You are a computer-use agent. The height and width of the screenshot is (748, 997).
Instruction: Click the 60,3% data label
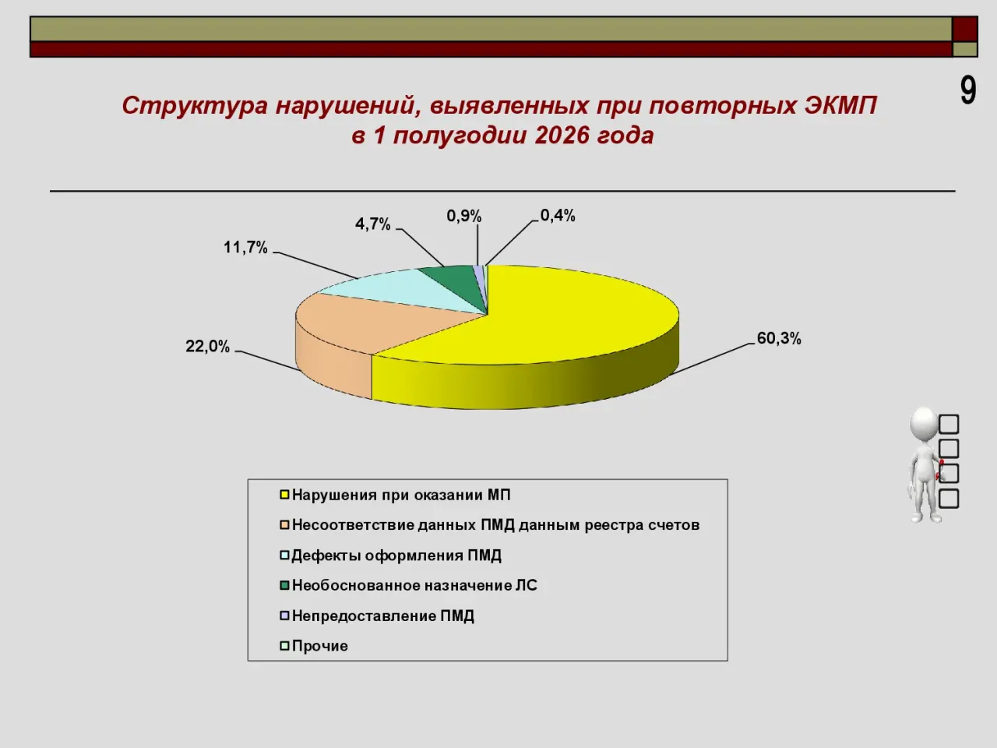pos(779,339)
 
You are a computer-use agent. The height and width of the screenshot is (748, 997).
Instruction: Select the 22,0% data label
pos(207,347)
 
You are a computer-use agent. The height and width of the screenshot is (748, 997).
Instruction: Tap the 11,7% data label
pos(245,248)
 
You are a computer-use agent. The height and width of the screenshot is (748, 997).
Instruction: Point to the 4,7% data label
pos(372,224)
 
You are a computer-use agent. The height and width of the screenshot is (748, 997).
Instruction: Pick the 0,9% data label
pos(463,216)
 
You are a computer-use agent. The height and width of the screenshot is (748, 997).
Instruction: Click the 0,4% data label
pos(558,216)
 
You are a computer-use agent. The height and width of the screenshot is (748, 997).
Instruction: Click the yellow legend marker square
pos(285,495)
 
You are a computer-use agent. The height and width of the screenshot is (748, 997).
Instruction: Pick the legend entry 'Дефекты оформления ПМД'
pos(392,556)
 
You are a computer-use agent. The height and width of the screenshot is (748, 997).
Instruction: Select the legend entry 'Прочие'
pos(315,646)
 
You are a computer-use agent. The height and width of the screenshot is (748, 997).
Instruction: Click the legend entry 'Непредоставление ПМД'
pos(378,616)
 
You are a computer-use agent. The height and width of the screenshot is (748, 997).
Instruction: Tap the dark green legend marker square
pos(285,585)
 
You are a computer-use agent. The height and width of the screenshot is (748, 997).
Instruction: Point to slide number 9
pos(968,91)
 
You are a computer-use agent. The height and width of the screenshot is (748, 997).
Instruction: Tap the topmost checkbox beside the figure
pos(949,424)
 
